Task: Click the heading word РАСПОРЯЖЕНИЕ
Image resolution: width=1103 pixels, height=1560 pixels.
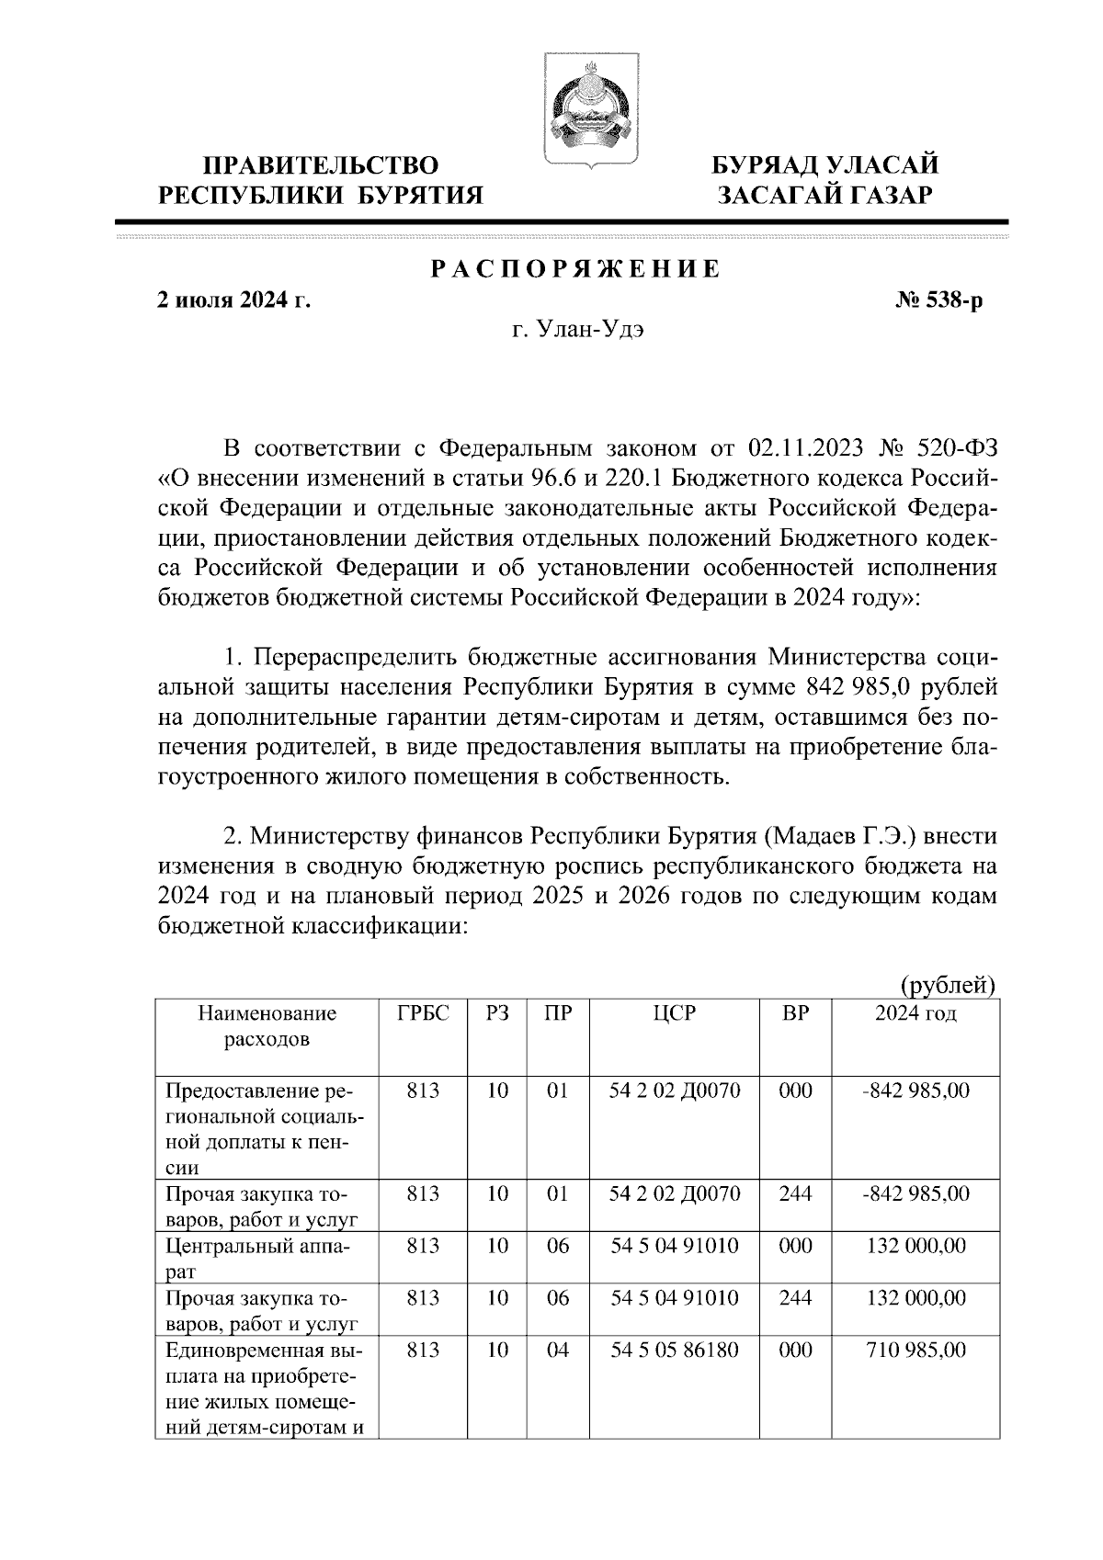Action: pyautogui.click(x=575, y=269)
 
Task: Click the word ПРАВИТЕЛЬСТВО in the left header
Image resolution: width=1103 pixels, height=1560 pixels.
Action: pyautogui.click(x=320, y=166)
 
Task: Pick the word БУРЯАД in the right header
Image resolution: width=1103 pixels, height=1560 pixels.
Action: pyautogui.click(x=768, y=166)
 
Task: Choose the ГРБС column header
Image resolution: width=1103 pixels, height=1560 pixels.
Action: pyautogui.click(x=423, y=1014)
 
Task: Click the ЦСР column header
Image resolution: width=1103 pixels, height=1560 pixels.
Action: pyautogui.click(x=675, y=1014)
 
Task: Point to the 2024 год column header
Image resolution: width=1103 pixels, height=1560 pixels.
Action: pyautogui.click(x=915, y=1014)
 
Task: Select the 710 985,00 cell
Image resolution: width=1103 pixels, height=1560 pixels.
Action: pyautogui.click(x=916, y=1351)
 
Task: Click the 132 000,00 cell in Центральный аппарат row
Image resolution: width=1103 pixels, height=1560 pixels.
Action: pyautogui.click(x=916, y=1247)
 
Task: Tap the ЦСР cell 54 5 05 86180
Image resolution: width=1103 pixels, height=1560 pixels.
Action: pyautogui.click(x=675, y=1351)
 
